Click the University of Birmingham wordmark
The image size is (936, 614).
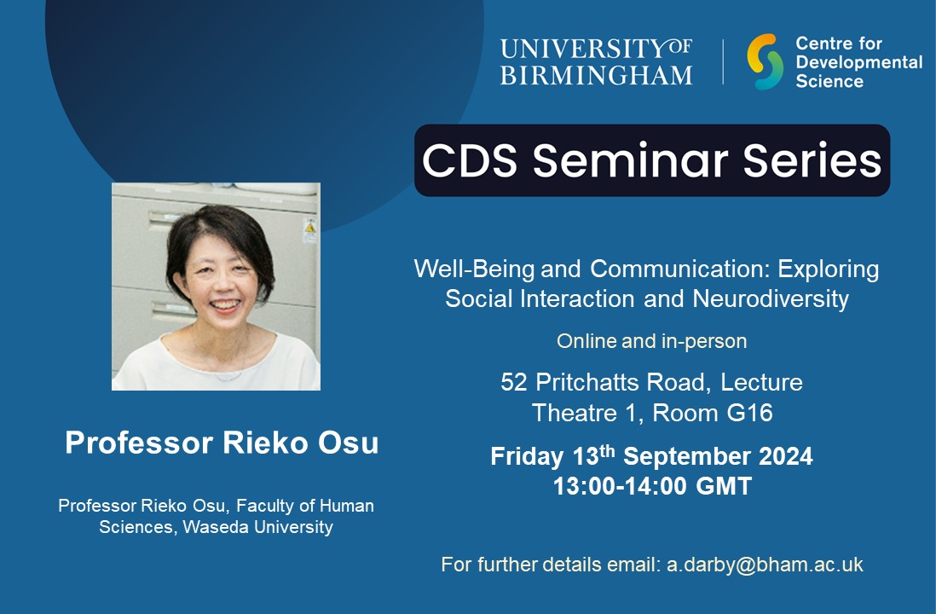point(596,61)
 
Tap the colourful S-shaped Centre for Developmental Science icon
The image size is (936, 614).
point(765,61)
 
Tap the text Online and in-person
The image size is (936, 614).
point(651,341)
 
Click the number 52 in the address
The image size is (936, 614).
point(514,383)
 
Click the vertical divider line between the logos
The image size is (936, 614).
point(724,61)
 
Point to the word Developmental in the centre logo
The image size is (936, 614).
point(858,62)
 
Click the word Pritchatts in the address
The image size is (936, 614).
point(591,383)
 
